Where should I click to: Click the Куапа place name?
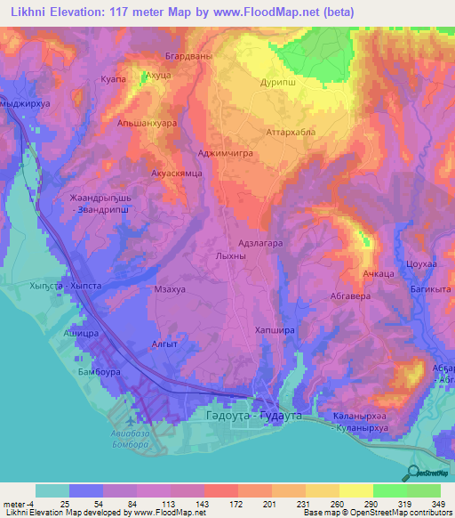[116, 80]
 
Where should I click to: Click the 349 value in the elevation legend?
[437, 504]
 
